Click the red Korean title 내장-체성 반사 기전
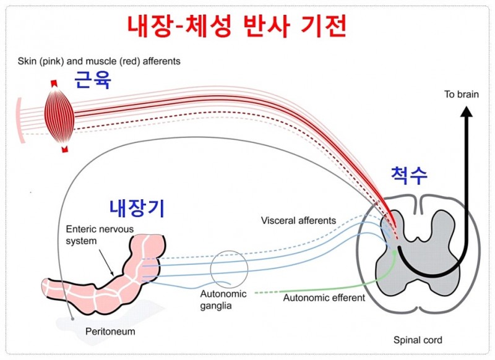point(236,27)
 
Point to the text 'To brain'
point(462,95)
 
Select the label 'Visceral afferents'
point(298,220)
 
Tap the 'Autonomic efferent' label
point(324,298)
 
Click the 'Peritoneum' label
point(110,332)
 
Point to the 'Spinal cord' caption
point(418,340)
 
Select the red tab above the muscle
point(54,84)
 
